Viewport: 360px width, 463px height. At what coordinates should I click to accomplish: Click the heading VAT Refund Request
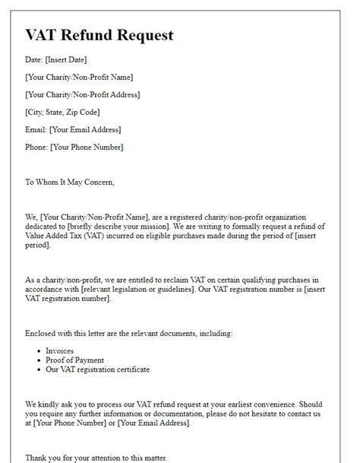pyautogui.click(x=99, y=35)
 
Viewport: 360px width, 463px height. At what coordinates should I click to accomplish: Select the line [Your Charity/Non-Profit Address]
pyautogui.click(x=82, y=94)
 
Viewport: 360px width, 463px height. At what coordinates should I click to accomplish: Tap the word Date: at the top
pyautogui.click(x=36, y=59)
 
